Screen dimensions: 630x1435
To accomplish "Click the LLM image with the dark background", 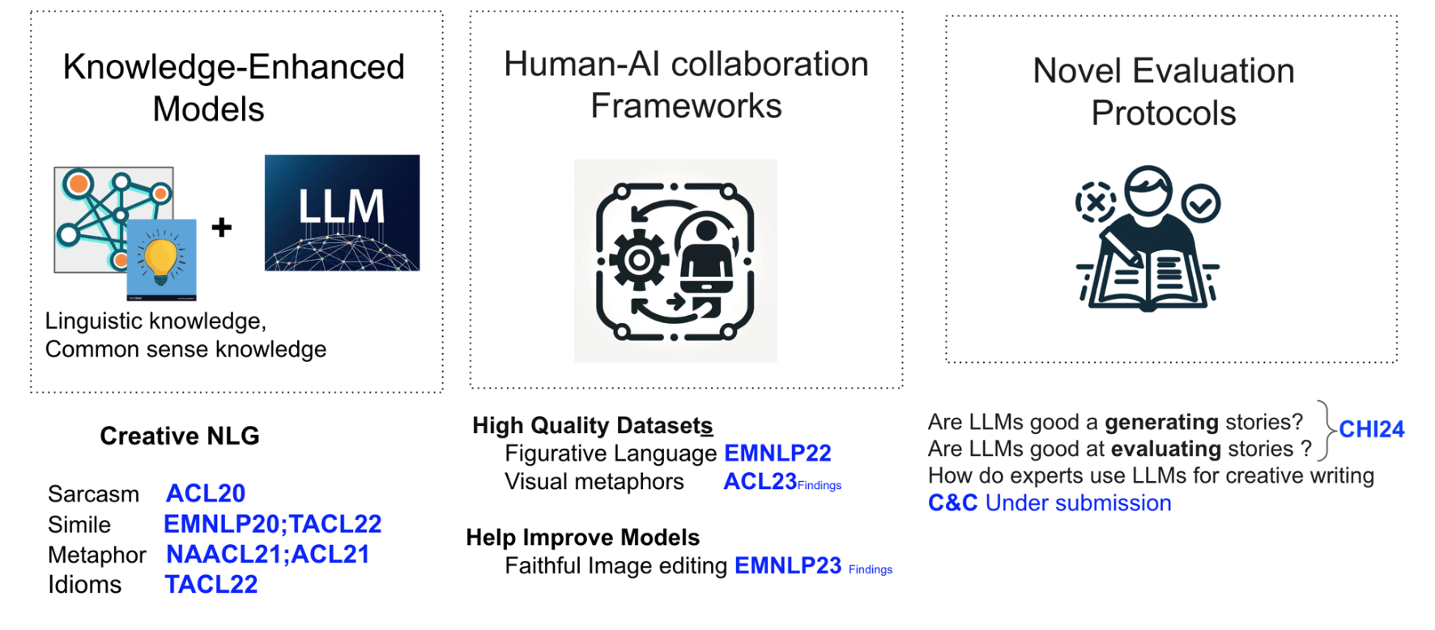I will [x=342, y=212].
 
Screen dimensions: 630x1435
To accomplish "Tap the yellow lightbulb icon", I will [x=161, y=258].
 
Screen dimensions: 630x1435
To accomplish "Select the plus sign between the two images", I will [x=221, y=228].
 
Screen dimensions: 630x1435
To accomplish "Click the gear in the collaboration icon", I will [x=639, y=260].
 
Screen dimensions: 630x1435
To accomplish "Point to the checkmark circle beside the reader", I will [x=1200, y=203].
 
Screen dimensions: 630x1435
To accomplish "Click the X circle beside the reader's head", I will [x=1095, y=202].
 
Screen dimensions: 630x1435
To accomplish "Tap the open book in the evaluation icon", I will [x=1148, y=280].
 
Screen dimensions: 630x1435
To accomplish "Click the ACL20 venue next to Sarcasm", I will [x=206, y=493].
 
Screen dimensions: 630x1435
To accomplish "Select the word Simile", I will [x=79, y=525].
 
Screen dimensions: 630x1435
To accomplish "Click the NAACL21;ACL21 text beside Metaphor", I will [x=267, y=555].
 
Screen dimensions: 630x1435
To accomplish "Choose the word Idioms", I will [x=84, y=585].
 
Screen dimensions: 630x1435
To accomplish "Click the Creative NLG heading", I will [x=179, y=436].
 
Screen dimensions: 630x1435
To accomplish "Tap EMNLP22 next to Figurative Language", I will [x=777, y=453].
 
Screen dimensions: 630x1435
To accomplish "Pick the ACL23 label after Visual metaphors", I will [x=760, y=482].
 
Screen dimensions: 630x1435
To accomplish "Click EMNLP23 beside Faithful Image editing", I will [x=787, y=565].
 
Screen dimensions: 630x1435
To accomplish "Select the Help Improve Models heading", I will [x=582, y=538].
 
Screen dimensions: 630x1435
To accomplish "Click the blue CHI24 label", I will [x=1371, y=429].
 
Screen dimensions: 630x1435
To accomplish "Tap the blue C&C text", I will [x=952, y=503].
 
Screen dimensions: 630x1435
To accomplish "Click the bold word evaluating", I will [x=1165, y=449].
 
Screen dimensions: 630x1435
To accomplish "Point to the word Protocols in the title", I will [x=1163, y=113].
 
